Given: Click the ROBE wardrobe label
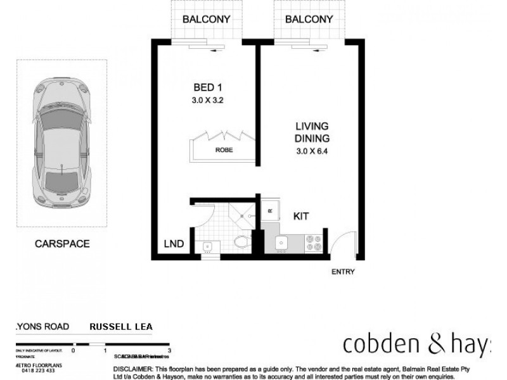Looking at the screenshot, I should pyautogui.click(x=223, y=151).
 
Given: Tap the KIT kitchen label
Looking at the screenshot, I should pyautogui.click(x=301, y=216).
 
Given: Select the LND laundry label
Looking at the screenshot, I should pyautogui.click(x=174, y=244).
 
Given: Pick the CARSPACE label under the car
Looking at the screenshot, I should pyautogui.click(x=63, y=243).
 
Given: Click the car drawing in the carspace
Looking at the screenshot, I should pyautogui.click(x=62, y=140).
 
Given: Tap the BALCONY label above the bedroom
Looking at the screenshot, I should pyautogui.click(x=205, y=19).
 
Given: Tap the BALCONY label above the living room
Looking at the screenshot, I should pyautogui.click(x=309, y=19).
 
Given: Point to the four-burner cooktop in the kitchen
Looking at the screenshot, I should pyautogui.click(x=314, y=243).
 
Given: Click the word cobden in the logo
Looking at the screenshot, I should pyautogui.click(x=377, y=344).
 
